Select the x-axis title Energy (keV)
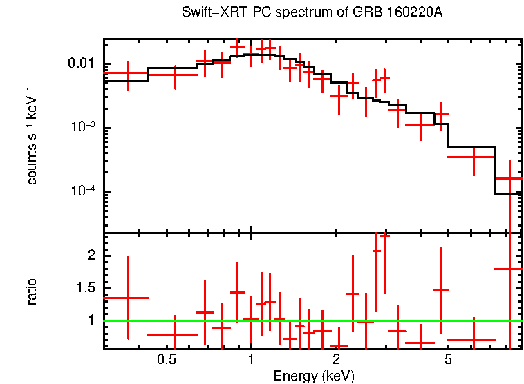(314, 376)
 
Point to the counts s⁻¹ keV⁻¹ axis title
(32, 135)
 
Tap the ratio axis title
(32, 291)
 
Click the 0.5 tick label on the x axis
(166, 360)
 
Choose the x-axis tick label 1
(251, 360)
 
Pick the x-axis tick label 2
(336, 360)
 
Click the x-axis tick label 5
(448, 360)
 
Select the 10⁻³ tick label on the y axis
(87, 128)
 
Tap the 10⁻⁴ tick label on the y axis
(87, 191)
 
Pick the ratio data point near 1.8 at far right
(509, 269)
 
